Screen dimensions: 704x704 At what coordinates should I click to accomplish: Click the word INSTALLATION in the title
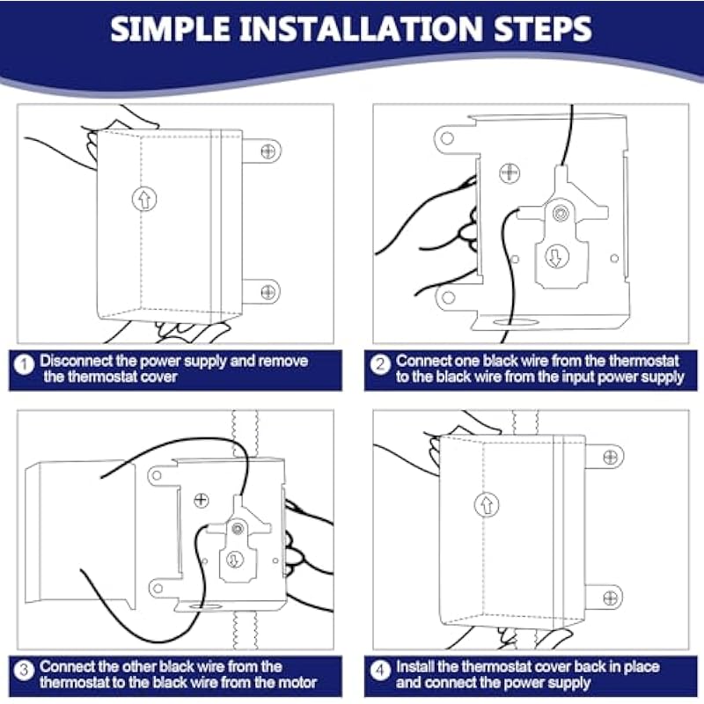361,29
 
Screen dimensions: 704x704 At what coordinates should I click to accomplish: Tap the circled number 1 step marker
24,364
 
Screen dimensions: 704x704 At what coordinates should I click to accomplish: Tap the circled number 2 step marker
380,364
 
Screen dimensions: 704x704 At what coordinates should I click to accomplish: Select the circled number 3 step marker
24,671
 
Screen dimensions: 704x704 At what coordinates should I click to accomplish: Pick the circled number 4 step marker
380,671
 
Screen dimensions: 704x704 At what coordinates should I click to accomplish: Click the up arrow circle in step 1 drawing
144,199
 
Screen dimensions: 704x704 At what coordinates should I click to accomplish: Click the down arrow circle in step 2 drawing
557,256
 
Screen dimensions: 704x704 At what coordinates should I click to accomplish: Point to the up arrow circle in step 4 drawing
487,504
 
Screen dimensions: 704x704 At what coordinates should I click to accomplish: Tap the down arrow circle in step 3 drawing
234,560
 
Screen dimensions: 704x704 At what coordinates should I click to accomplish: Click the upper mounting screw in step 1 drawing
268,151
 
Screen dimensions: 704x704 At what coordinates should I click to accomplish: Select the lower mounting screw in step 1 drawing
268,292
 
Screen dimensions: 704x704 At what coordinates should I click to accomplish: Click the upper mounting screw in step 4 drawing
611,457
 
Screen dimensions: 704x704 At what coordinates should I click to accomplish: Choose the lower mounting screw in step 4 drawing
611,598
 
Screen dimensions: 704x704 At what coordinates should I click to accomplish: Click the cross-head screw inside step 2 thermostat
510,173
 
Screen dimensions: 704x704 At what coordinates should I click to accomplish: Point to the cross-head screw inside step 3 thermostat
202,500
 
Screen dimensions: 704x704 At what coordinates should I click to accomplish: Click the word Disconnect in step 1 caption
76,361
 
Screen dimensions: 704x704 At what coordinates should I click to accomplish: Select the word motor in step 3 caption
297,683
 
